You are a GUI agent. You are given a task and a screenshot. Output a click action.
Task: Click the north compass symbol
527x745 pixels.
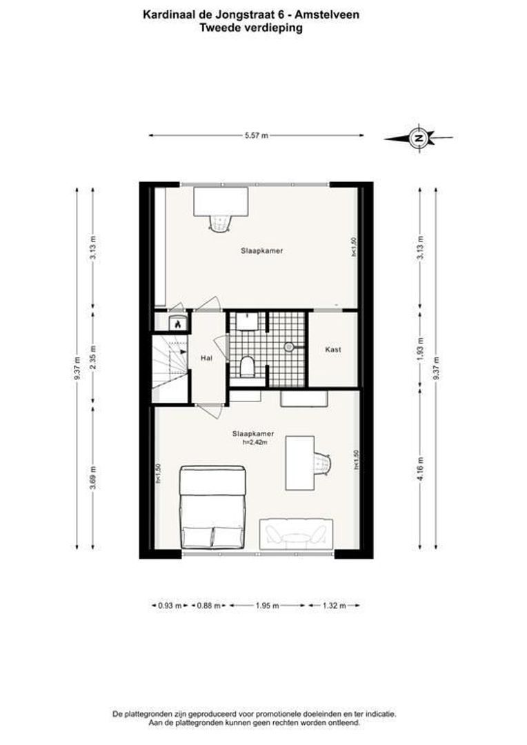click(x=418, y=138)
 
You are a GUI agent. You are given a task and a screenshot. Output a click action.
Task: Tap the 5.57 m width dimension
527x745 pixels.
click(x=256, y=136)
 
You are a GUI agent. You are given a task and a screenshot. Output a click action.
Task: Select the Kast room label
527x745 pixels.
click(x=333, y=350)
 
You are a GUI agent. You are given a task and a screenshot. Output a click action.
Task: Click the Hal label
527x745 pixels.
click(x=206, y=359)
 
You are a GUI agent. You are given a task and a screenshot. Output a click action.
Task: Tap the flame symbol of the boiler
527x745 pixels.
click(x=177, y=322)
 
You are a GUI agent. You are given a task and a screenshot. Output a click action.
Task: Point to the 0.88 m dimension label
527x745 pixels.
click(x=208, y=606)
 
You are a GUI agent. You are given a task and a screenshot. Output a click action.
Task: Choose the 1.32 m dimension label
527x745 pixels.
click(x=334, y=606)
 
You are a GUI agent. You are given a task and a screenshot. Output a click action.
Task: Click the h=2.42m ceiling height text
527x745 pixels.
click(x=255, y=443)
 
